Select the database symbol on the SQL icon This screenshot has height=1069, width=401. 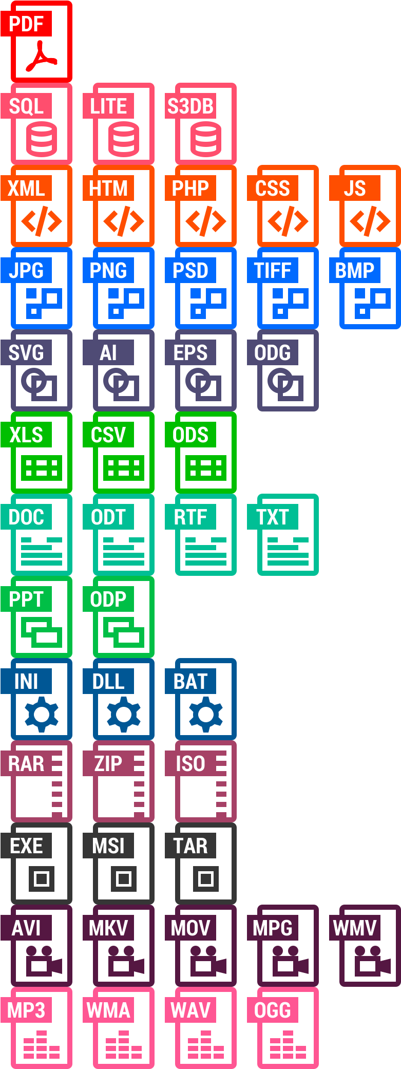(42, 140)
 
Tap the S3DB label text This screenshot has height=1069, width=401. (190, 106)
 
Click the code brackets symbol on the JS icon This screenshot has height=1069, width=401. (370, 221)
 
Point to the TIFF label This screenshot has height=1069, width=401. (273, 271)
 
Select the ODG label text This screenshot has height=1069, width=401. (273, 353)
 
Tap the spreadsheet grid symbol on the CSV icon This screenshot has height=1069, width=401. (124, 468)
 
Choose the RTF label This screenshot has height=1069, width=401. (190, 517)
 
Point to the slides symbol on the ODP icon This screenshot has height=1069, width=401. (124, 632)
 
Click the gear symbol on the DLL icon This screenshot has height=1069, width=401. (124, 714)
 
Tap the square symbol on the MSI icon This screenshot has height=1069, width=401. (124, 878)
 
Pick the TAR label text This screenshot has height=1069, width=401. (190, 846)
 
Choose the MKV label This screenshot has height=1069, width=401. (108, 928)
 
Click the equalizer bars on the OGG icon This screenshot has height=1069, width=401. (288, 1045)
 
